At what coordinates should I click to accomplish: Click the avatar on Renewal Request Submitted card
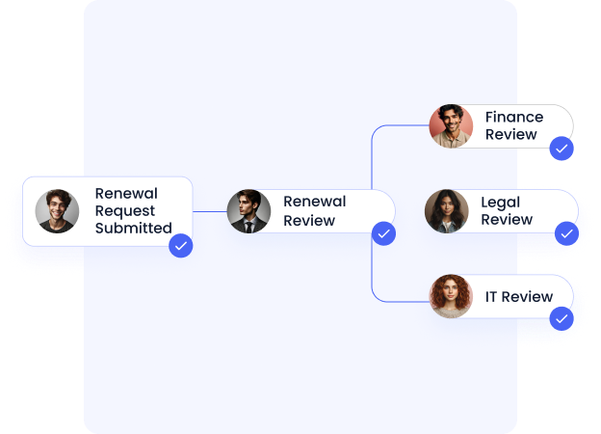[x=58, y=211]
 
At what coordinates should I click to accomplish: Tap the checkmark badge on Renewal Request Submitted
[x=180, y=245]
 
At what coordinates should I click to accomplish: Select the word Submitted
[x=133, y=229]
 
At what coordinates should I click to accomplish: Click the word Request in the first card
[x=126, y=211]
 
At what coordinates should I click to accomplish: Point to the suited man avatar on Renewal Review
[x=248, y=211]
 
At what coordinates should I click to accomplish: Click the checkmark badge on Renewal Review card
[x=383, y=233]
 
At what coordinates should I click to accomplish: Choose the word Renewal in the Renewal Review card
[x=314, y=202]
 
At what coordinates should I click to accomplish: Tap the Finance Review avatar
[x=451, y=126]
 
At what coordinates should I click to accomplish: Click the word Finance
[x=513, y=118]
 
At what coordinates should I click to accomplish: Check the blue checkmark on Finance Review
[x=562, y=149]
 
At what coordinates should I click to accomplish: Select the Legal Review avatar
[x=447, y=211]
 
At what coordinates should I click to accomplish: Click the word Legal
[x=500, y=203]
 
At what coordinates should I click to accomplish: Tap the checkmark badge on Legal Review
[x=566, y=233]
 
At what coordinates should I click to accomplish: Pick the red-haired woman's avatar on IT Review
[x=451, y=296]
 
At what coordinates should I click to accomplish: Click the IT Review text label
[x=518, y=296]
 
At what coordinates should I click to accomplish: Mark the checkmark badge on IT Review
[x=562, y=318]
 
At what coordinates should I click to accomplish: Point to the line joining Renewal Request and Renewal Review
[x=209, y=211]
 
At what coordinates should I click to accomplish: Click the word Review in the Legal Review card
[x=507, y=220]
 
